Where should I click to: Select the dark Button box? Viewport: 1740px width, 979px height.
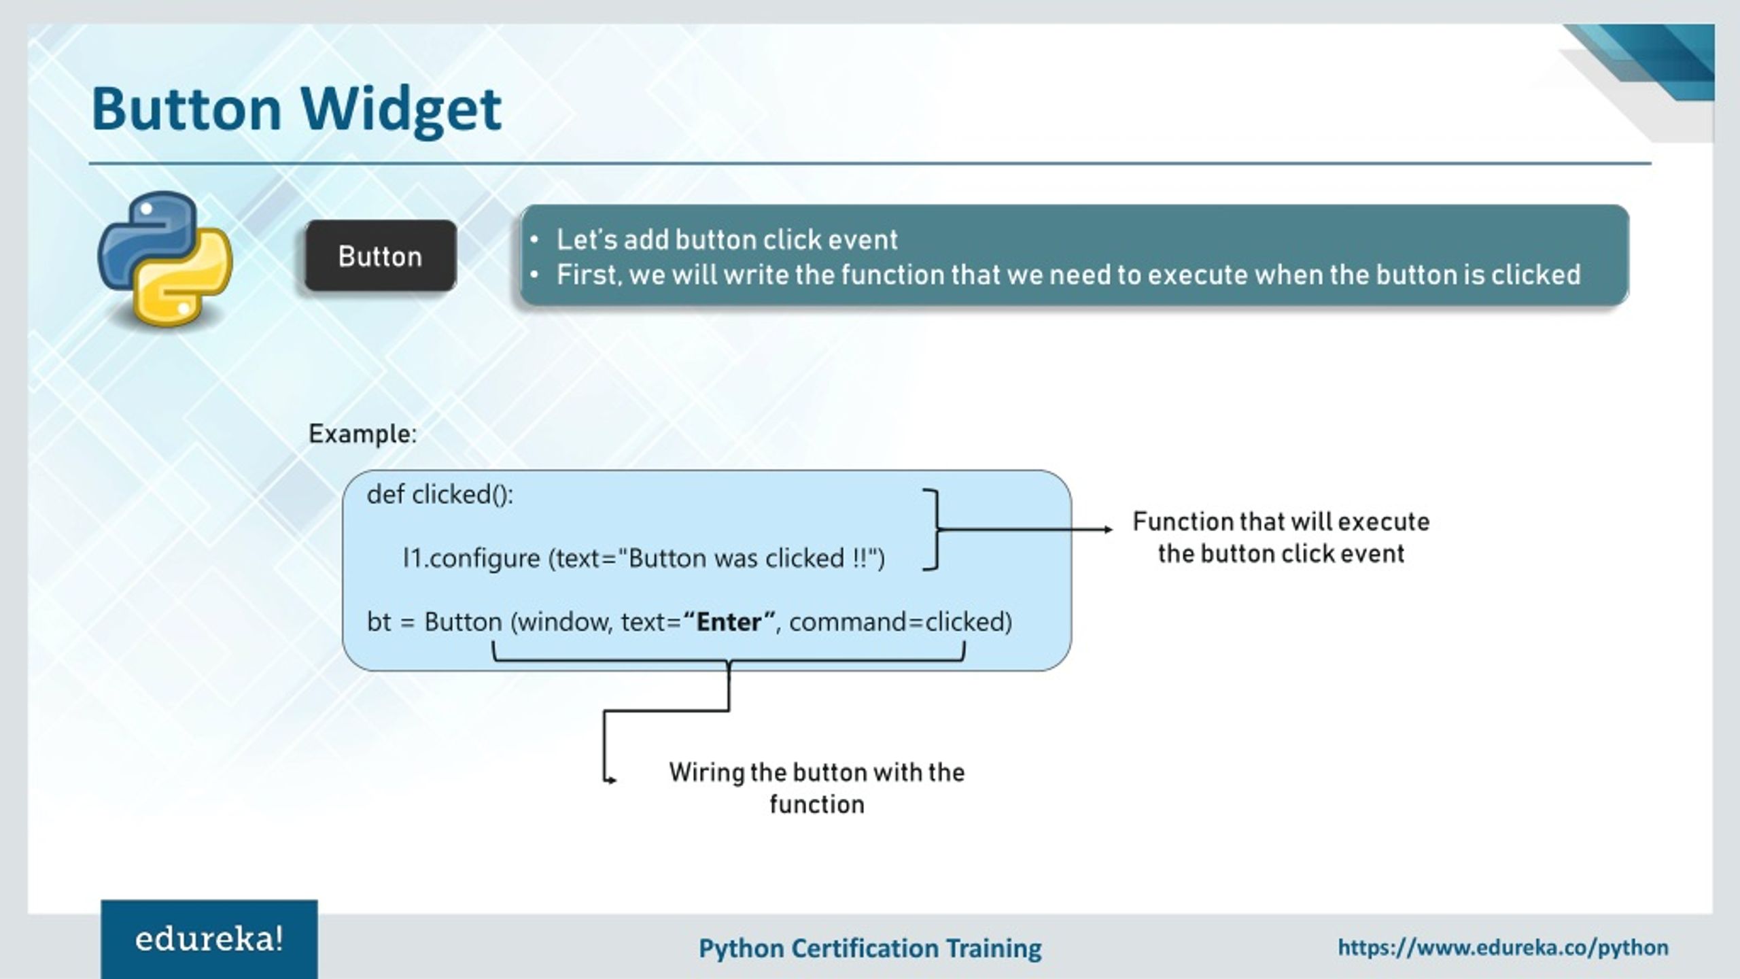pos(380,256)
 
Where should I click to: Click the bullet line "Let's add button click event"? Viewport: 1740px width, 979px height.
pos(726,240)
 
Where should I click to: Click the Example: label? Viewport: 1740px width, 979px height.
pos(362,434)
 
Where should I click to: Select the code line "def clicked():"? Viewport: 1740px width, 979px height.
pos(440,494)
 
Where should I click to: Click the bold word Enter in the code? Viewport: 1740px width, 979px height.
pos(729,622)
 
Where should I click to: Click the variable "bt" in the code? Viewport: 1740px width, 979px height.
pos(379,622)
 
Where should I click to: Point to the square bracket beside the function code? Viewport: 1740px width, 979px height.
pos(934,529)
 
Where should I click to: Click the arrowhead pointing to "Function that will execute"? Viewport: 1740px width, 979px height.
pos(1108,529)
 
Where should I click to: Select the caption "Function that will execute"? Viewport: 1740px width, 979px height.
pos(1281,522)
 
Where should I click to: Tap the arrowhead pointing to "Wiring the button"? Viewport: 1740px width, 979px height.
pos(612,780)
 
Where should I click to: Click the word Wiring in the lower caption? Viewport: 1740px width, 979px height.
pos(706,773)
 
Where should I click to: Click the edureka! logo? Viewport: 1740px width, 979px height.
pos(209,940)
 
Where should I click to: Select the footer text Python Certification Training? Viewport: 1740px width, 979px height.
pos(870,948)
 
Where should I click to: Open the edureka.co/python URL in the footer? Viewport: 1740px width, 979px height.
pos(1503,948)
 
